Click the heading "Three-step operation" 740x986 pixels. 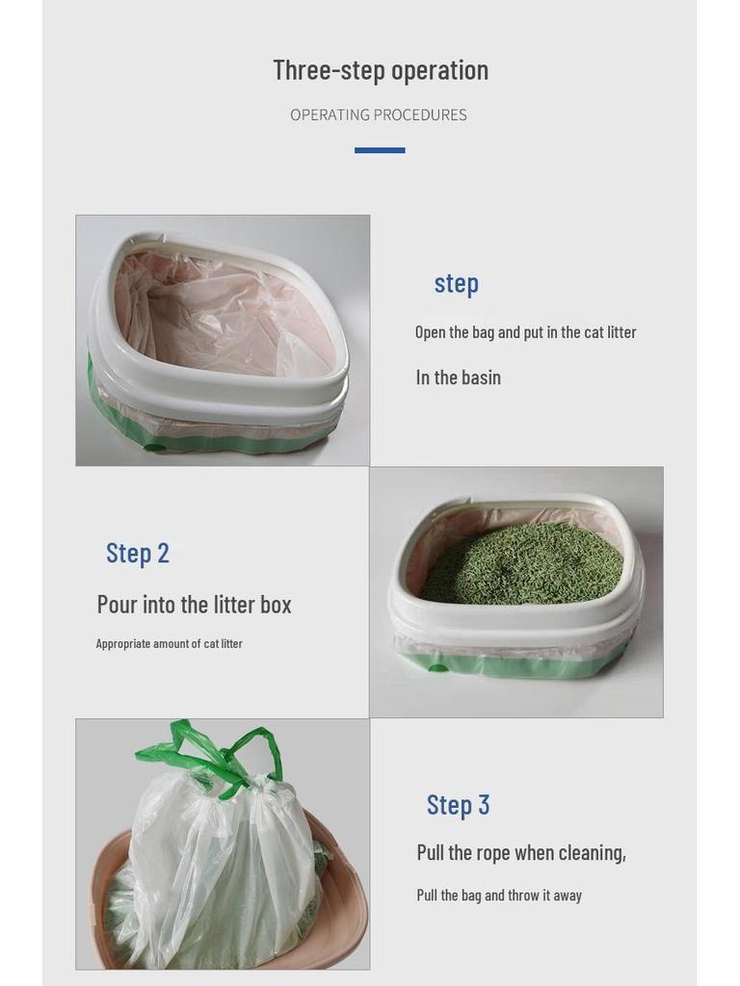[381, 70]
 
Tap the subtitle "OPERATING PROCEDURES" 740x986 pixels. [379, 115]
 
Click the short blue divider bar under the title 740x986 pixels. [380, 150]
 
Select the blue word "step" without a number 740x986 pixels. [456, 283]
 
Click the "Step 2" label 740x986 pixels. [138, 553]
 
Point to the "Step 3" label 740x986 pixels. [458, 804]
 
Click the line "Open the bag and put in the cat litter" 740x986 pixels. [525, 332]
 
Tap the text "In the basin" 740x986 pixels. [458, 377]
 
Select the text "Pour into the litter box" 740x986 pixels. [194, 605]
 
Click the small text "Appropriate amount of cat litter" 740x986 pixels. [169, 643]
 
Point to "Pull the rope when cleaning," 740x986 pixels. [521, 852]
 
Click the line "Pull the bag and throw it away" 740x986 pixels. [499, 895]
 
